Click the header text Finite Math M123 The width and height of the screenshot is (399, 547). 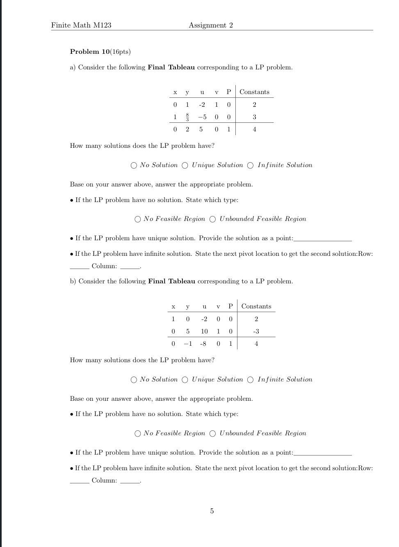click(x=81, y=25)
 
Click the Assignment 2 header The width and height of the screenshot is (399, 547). click(x=211, y=25)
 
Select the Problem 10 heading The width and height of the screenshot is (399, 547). click(x=100, y=52)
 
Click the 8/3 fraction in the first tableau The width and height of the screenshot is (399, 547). click(x=187, y=117)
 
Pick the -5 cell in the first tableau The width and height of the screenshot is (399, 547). click(x=202, y=117)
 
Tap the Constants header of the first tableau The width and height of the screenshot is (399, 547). click(x=254, y=92)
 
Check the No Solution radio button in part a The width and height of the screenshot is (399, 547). click(x=134, y=165)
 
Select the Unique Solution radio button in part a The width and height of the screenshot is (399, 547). click(x=185, y=165)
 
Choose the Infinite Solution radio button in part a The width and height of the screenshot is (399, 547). click(x=251, y=165)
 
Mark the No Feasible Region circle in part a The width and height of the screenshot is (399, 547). click(x=138, y=219)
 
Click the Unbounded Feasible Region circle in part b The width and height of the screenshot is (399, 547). click(x=212, y=434)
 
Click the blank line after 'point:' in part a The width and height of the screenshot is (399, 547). click(x=323, y=240)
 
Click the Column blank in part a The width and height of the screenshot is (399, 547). click(x=130, y=267)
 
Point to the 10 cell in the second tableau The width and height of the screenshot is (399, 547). click(x=204, y=331)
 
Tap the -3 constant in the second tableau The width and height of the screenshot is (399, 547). click(x=256, y=331)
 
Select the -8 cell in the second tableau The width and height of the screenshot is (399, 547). click(x=203, y=344)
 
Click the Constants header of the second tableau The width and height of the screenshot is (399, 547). click(x=256, y=306)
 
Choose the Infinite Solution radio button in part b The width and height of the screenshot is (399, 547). click(x=251, y=380)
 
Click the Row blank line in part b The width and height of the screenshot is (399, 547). click(x=79, y=482)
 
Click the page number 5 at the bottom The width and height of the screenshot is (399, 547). click(x=212, y=511)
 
